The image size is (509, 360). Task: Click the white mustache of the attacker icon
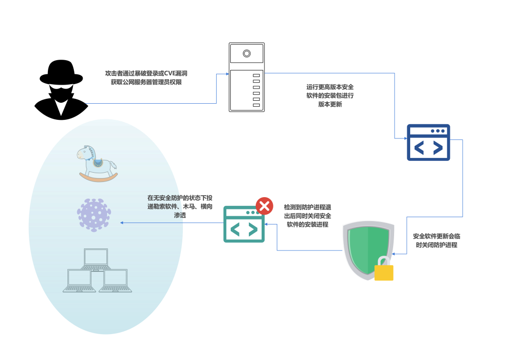pos(61,88)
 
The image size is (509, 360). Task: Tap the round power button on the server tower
pos(247,53)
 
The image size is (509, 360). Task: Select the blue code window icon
pos(428,142)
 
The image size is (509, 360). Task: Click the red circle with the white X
pos(265,206)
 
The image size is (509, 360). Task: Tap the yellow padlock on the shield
pos(384,271)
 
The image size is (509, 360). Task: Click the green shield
pos(368,248)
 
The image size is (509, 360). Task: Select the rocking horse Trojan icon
pos(97,163)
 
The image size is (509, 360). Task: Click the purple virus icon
pos(93,215)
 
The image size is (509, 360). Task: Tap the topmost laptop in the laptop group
pos(96,259)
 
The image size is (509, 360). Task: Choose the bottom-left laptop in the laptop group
pos(79,281)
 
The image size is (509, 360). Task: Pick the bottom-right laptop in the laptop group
pos(115,281)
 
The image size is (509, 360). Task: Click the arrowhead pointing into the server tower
pos(227,74)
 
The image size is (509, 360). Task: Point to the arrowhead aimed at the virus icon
pos(122,223)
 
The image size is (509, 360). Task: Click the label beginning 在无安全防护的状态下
pos(180,206)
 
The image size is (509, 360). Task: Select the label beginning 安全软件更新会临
pos(436,240)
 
